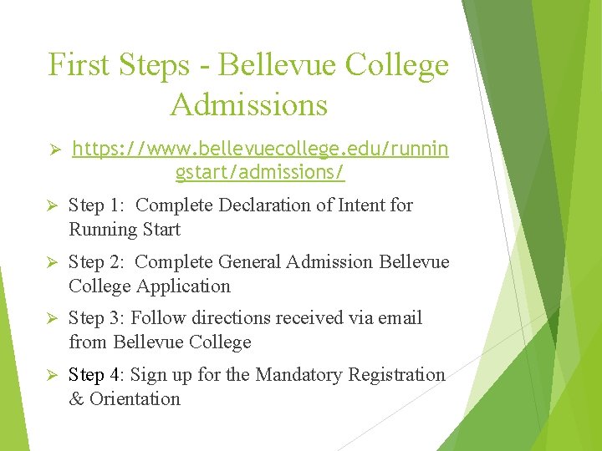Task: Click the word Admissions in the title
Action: (248, 105)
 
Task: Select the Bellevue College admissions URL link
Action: (260, 161)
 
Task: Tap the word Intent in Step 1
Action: (358, 205)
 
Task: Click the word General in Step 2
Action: (249, 262)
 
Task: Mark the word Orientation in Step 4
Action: (135, 399)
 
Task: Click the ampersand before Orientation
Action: (76, 399)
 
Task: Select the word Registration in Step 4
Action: (401, 375)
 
